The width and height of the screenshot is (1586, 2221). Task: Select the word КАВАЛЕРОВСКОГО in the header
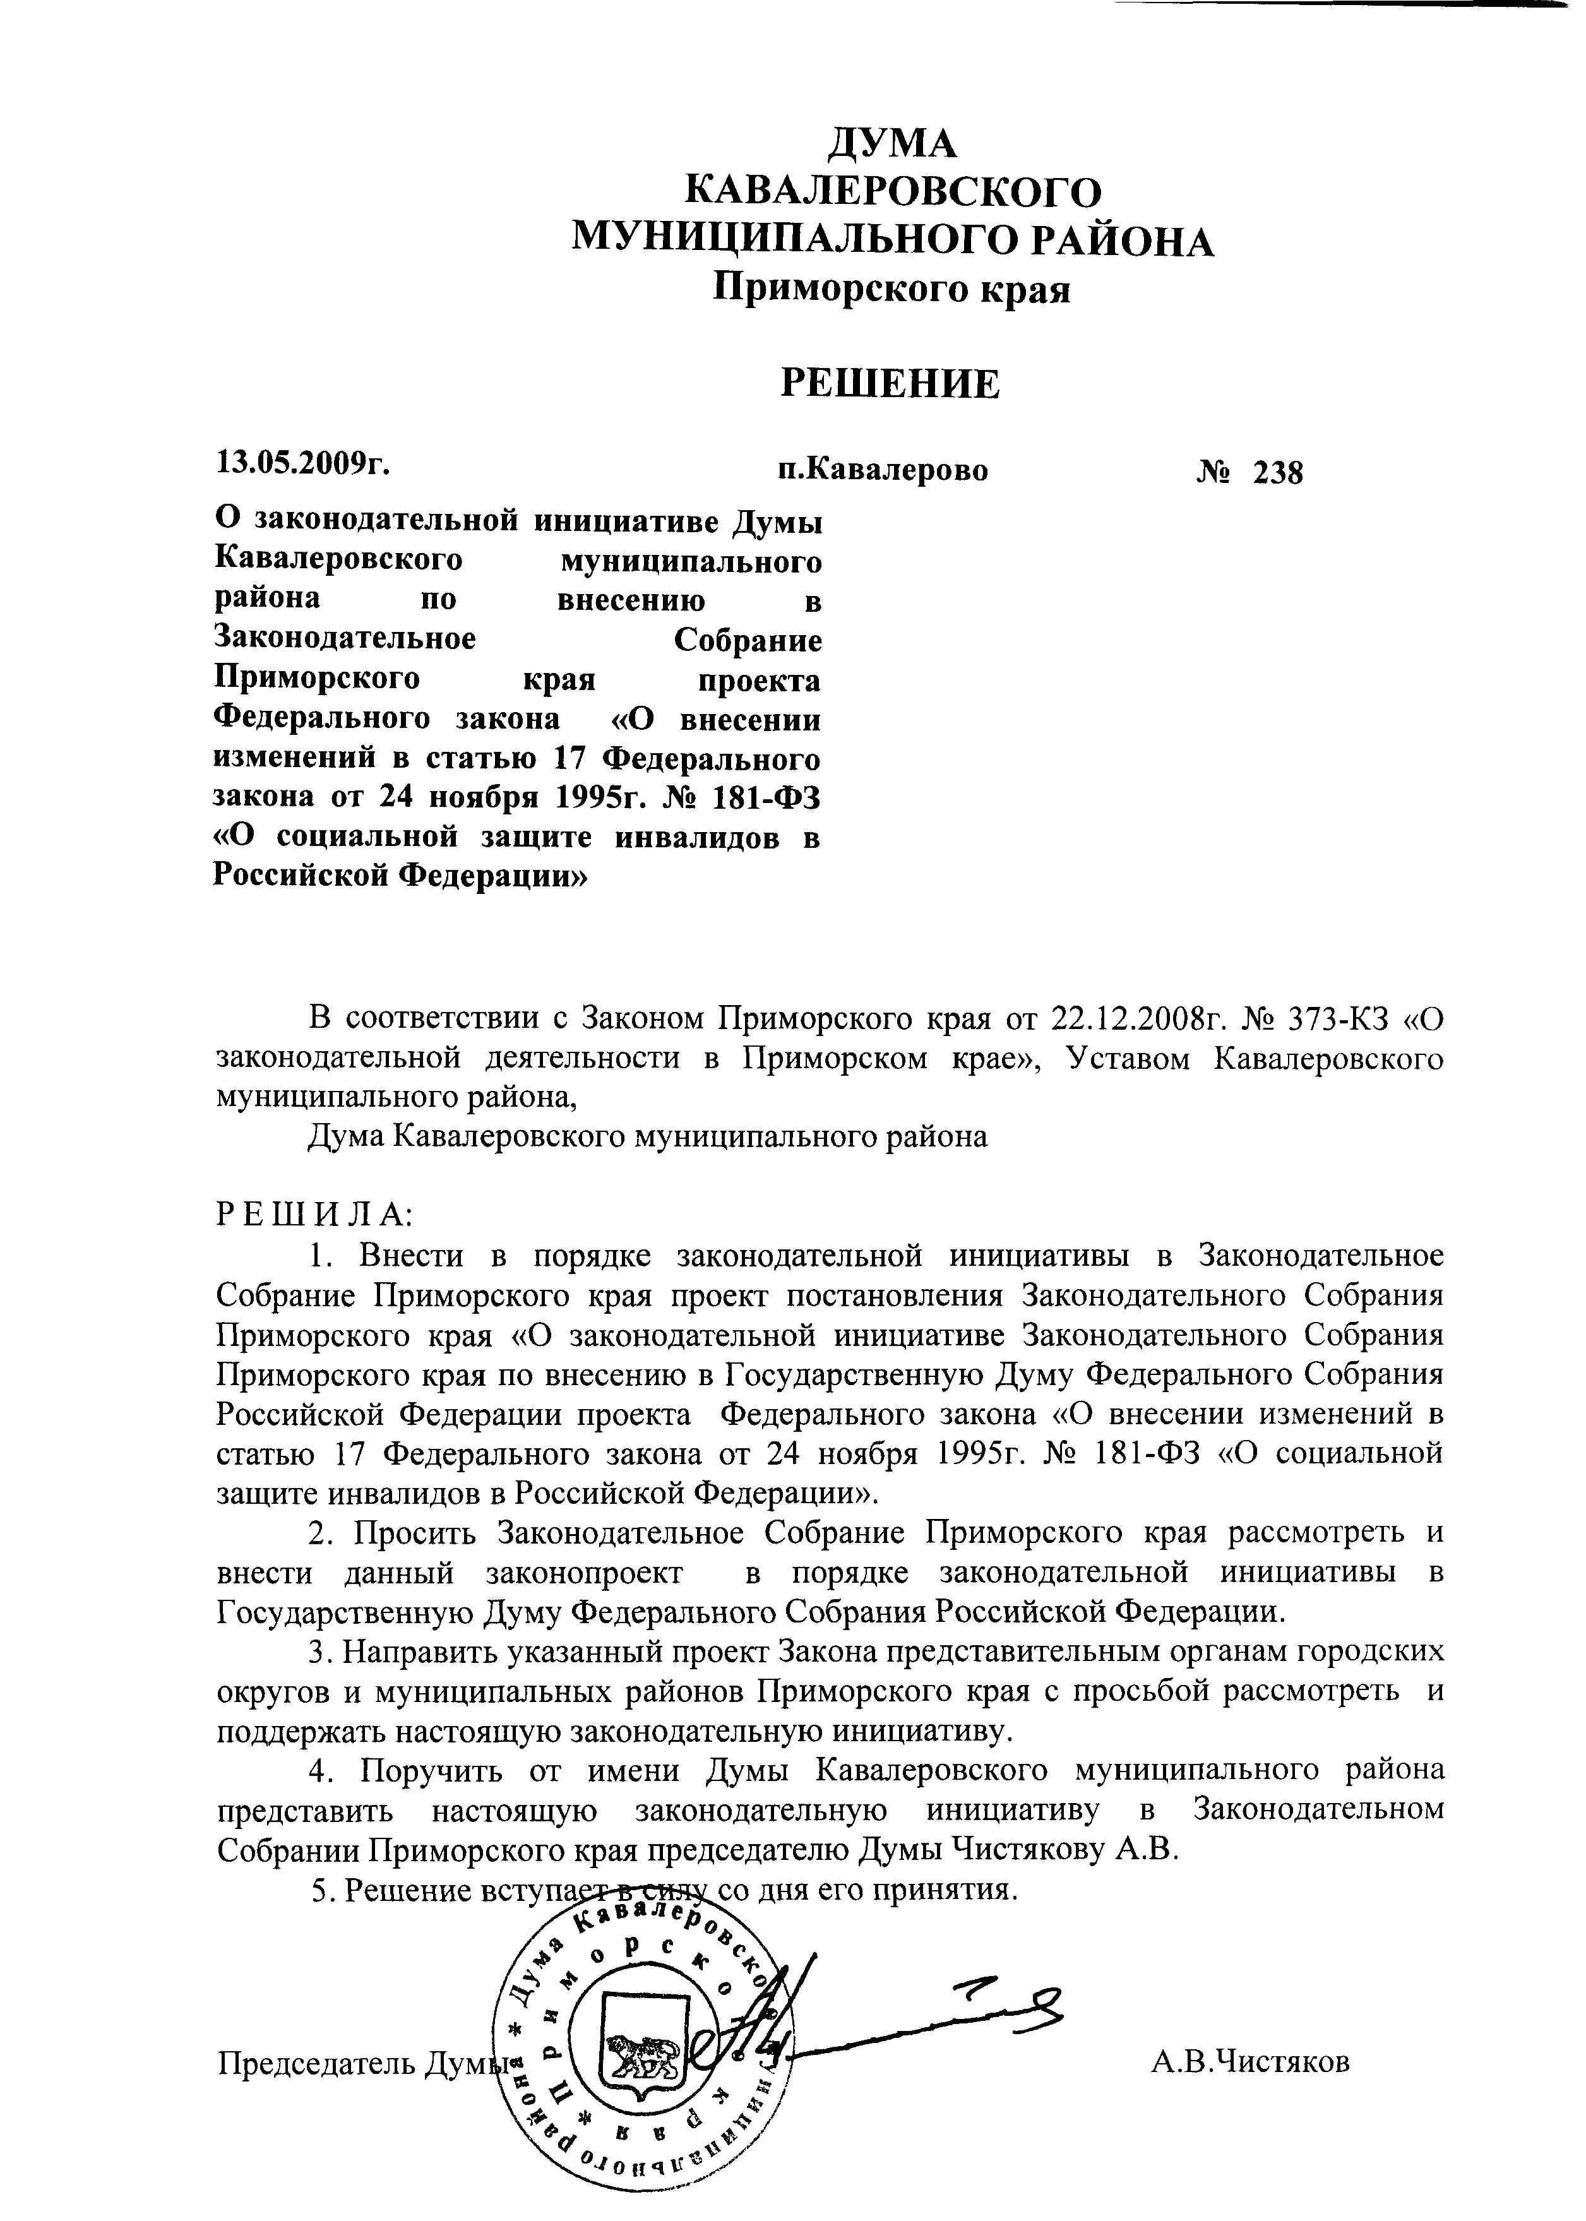893,191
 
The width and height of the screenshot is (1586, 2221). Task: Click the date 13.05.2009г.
302,460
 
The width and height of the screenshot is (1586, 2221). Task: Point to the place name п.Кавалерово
883,470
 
